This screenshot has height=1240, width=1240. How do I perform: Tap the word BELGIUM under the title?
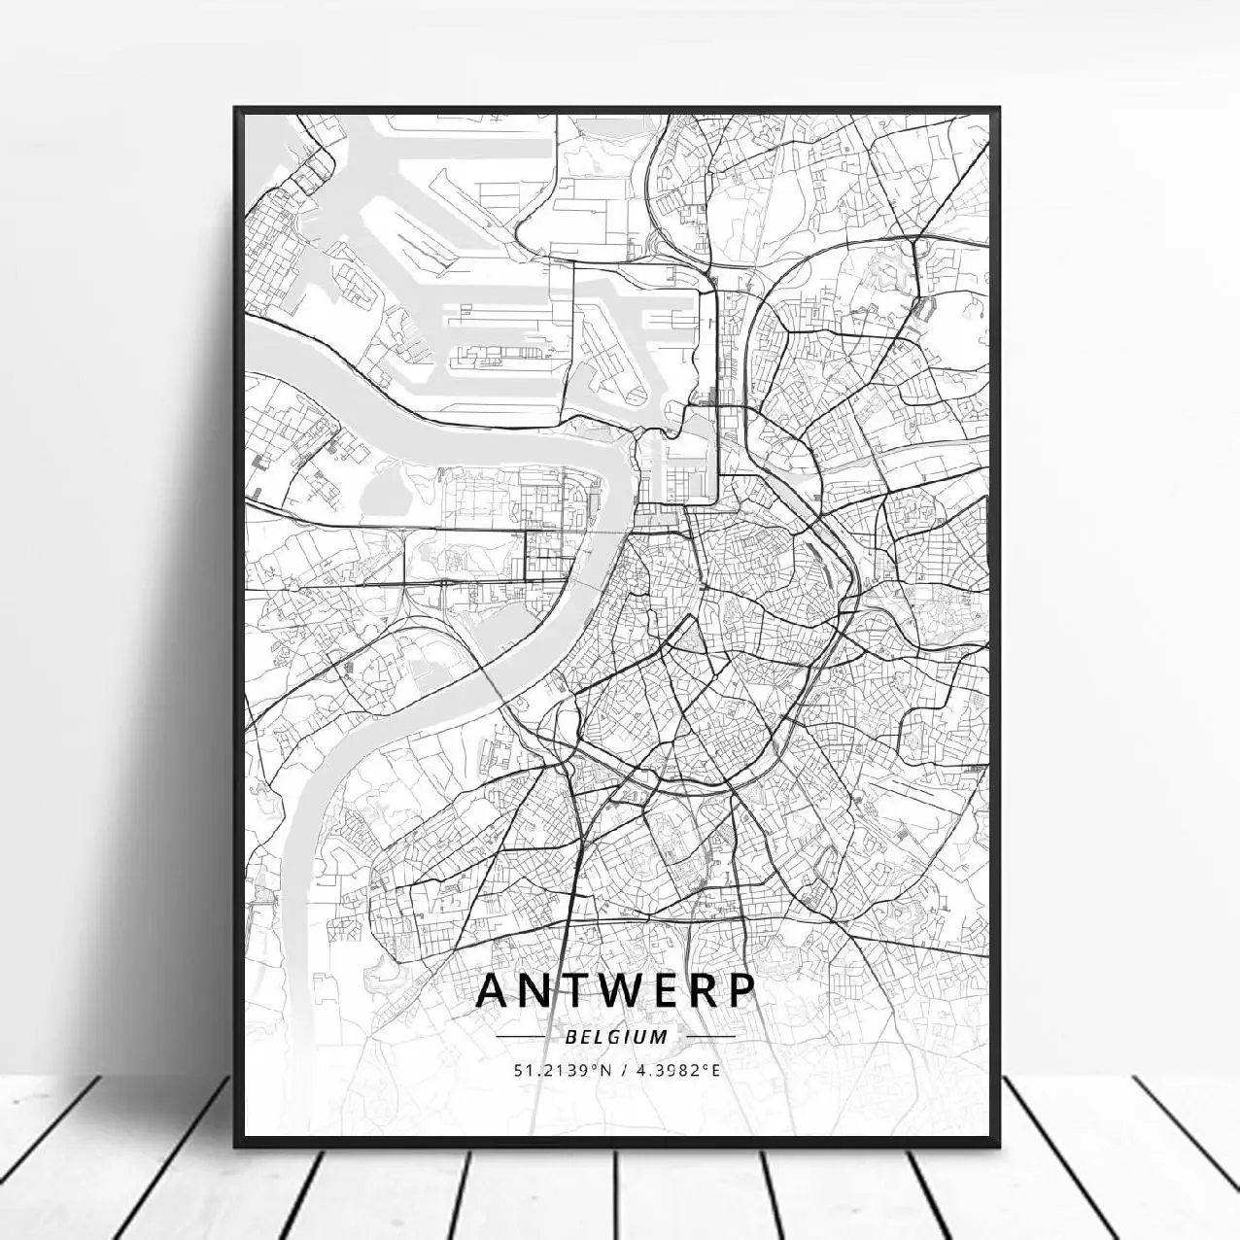click(616, 1037)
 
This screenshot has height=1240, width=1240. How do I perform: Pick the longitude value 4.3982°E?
click(674, 1071)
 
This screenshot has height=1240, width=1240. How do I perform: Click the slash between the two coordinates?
click(617, 1071)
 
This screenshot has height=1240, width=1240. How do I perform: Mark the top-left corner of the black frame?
click(234, 106)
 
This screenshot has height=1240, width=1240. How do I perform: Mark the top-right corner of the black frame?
click(1000, 106)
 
